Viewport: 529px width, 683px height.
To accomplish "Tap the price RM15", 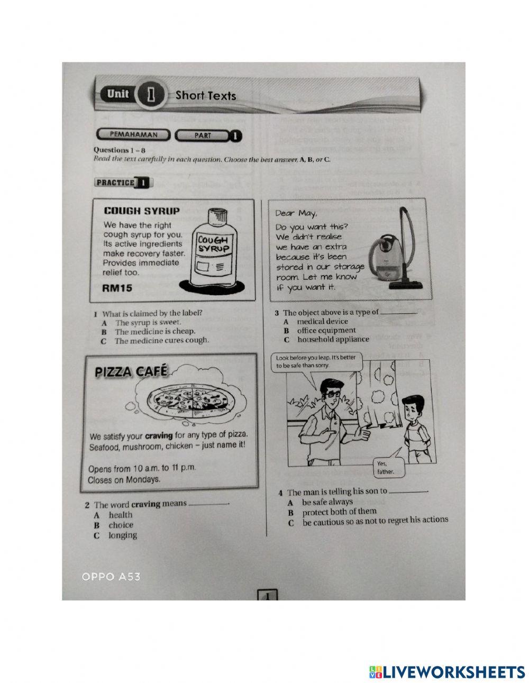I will (117, 288).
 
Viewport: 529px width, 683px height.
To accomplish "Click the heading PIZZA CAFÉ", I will (131, 372).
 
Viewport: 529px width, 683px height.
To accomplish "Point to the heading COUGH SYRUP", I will (141, 211).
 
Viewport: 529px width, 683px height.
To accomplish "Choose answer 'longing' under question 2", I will (123, 535).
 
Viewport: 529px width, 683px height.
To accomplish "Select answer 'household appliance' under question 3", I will (333, 340).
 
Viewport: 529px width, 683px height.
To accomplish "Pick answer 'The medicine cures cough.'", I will (161, 341).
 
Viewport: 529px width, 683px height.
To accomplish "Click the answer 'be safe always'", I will (327, 502).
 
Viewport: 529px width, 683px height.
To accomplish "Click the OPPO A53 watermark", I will (111, 577).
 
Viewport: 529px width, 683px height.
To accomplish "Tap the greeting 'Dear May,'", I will (296, 214).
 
